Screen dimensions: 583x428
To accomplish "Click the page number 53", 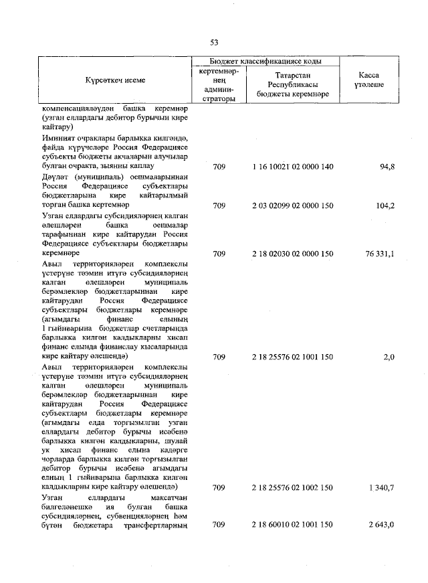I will coord(214,42).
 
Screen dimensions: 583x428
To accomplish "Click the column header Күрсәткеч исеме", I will coord(115,80).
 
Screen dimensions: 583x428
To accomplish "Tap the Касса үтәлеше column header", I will coord(366,80).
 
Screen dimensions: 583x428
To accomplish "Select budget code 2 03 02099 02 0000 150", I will coord(293,205).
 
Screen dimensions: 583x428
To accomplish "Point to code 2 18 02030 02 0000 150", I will coord(293,254).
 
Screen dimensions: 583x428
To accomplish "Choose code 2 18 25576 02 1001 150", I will coord(293,358).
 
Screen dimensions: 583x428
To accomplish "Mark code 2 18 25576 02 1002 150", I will coord(293,488).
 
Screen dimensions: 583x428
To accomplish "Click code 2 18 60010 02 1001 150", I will coord(293,526).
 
